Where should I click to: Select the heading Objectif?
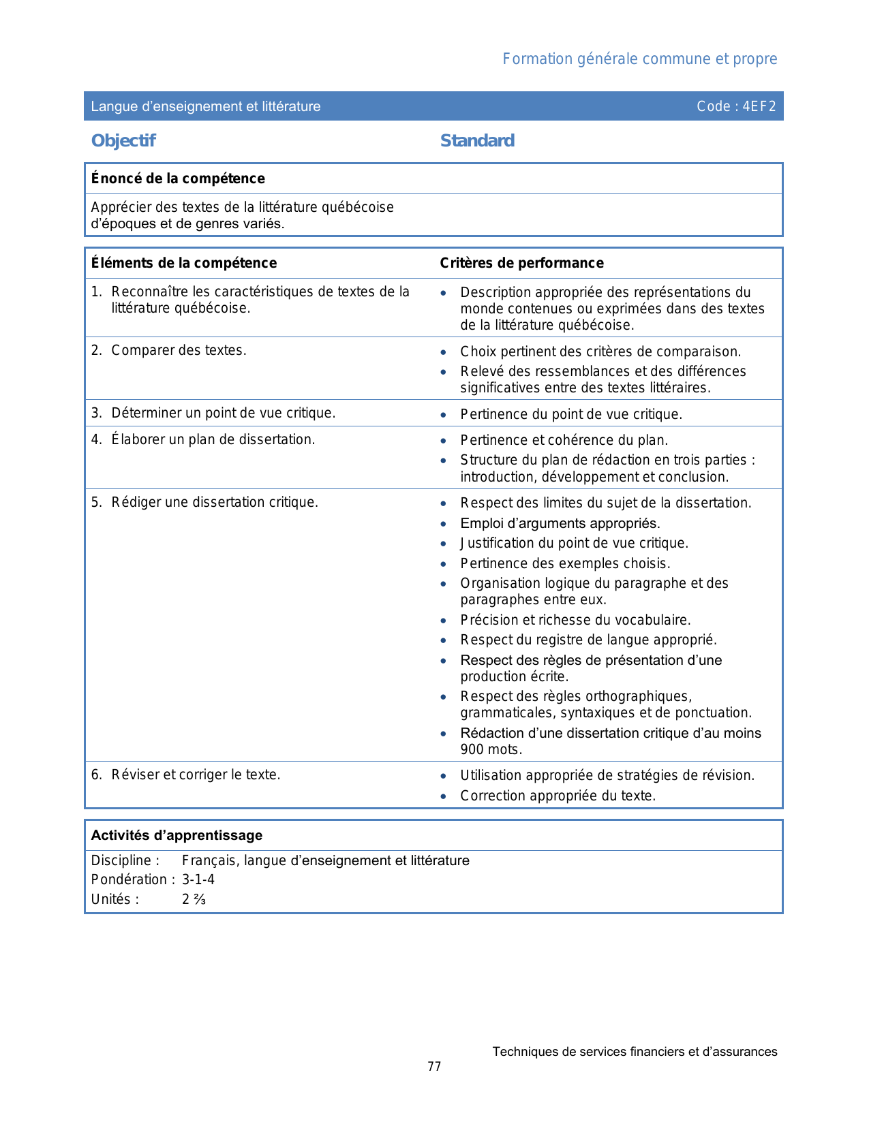[123, 141]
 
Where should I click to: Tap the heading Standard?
[477, 141]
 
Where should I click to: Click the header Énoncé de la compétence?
[178, 178]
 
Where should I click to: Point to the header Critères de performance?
[521, 263]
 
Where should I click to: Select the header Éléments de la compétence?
[184, 263]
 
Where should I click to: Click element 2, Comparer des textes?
[179, 350]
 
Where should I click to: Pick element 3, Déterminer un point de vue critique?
[223, 413]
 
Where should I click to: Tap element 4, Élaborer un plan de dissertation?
[213, 439]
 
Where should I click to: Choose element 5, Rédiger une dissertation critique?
[215, 502]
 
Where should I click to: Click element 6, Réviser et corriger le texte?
[196, 775]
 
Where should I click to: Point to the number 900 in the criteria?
[472, 749]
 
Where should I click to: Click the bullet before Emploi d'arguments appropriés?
[444, 524]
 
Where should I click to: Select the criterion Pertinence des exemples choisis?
[565, 563]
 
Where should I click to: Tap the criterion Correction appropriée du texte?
[558, 796]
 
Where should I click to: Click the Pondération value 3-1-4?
[198, 879]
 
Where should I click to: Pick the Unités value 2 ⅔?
[194, 899]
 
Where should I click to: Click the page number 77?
[434, 1067]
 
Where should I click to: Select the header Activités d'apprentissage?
[177, 835]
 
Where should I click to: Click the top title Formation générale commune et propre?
[639, 59]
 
